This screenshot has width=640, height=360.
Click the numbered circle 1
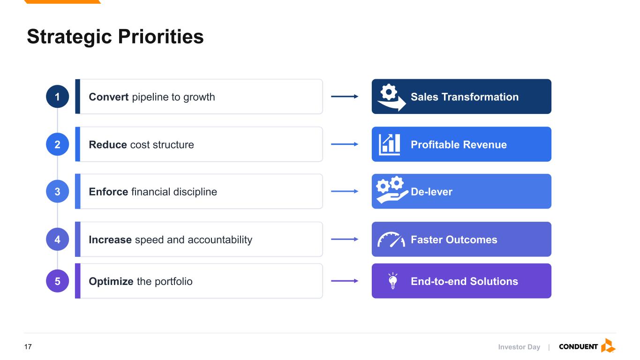point(57,97)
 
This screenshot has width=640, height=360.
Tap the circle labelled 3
point(57,191)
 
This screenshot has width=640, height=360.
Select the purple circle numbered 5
point(57,281)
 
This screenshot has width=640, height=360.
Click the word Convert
point(109,97)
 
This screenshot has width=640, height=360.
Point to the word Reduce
point(108,144)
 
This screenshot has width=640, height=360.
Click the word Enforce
point(108,192)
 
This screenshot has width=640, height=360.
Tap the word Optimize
point(111,282)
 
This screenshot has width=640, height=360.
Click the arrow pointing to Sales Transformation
point(345,97)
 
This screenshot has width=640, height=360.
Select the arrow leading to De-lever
point(345,191)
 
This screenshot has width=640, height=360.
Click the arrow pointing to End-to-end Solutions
point(345,281)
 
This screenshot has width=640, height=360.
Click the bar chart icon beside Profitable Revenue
point(389,144)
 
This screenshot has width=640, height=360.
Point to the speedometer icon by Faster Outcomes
point(391,240)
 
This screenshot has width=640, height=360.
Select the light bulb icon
point(393,281)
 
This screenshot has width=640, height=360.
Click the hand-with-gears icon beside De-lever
point(392,190)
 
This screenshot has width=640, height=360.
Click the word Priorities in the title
point(161,37)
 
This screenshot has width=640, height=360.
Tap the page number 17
point(28,347)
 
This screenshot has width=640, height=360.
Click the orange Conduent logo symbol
point(608,346)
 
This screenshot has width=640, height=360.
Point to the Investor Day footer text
point(519,347)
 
